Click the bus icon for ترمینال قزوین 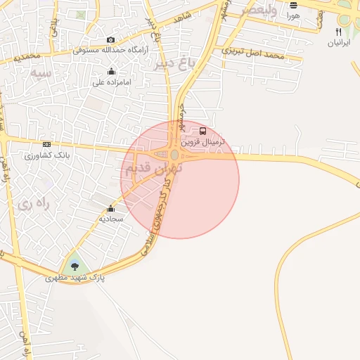click(203, 131)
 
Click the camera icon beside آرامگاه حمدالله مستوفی click(110, 40)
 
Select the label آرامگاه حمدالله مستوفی click(110, 51)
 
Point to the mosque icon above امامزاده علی click(111, 71)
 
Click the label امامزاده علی click(111, 82)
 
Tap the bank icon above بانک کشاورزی click(46, 144)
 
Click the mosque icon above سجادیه click(110, 209)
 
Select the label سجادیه click(110, 219)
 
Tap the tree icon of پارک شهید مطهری click(75, 266)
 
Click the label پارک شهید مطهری click(75, 278)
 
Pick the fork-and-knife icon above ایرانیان click(339, 32)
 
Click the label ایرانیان click(339, 43)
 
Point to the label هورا click(293, 15)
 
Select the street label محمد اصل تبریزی click(253, 53)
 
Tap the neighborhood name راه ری click(34, 204)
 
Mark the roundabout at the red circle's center click(174, 155)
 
